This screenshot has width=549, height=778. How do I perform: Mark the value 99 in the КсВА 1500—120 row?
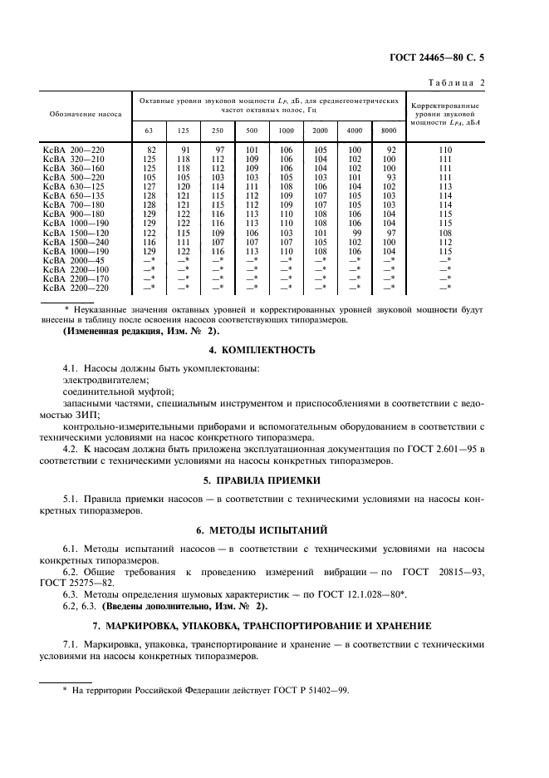(355, 232)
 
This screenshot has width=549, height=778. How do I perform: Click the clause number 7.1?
(73, 644)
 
